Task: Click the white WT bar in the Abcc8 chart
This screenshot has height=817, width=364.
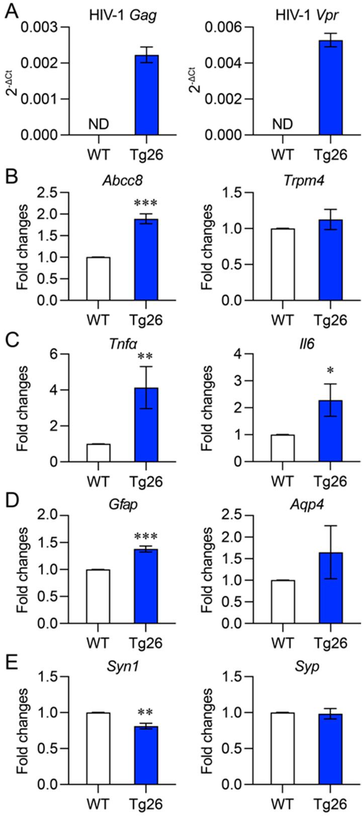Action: tap(99, 279)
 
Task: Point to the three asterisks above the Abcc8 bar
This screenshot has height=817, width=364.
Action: tap(146, 203)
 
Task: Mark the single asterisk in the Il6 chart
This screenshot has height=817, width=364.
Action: tap(330, 372)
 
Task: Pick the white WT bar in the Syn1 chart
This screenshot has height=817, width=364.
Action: tap(99, 748)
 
